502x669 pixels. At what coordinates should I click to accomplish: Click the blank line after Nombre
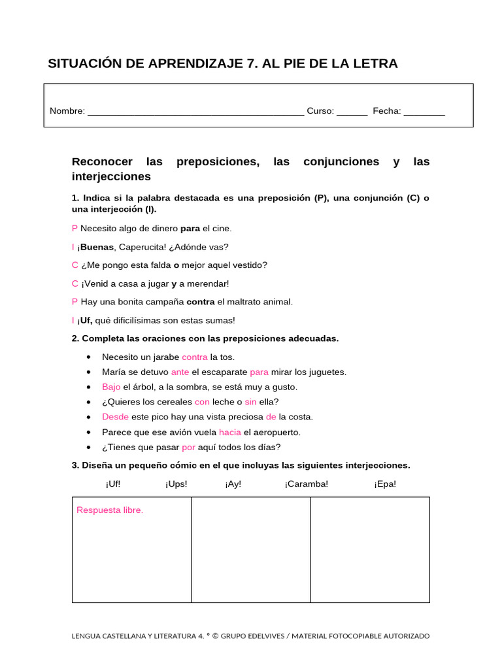[195, 112]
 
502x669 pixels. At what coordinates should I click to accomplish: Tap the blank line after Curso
[352, 112]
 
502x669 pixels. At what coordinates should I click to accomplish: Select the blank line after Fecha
[424, 112]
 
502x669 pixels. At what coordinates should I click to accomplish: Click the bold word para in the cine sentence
[190, 229]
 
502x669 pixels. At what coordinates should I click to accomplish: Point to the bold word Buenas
[97, 247]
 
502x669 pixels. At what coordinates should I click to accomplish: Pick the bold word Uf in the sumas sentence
[86, 320]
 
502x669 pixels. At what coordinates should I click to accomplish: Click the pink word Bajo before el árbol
[111, 387]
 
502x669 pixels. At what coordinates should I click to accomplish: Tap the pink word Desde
[115, 417]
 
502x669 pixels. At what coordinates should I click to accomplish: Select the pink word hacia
[230, 432]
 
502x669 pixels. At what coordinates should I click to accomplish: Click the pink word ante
[180, 372]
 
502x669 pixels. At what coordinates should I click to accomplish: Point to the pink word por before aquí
[189, 447]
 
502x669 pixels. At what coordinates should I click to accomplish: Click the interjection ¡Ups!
[176, 484]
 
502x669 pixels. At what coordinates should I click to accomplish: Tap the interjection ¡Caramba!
[307, 484]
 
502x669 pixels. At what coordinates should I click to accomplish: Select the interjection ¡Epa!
[385, 484]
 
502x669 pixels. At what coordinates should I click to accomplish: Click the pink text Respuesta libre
[110, 510]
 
